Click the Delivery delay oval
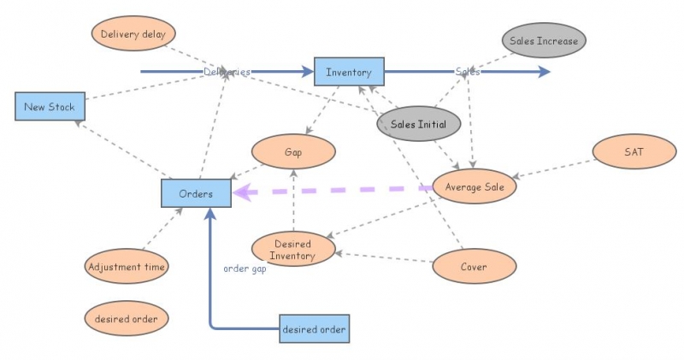point(133,35)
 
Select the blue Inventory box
point(349,72)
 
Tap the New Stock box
point(50,107)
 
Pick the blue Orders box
point(196,193)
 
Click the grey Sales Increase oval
point(543,40)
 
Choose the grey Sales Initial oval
point(419,124)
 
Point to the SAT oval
point(634,153)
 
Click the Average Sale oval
point(475,186)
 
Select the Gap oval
point(293,153)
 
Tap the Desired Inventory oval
point(294,250)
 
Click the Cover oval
point(474,267)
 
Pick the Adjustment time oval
point(127,267)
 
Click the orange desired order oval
point(127,319)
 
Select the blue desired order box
point(314,329)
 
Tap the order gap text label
point(245,269)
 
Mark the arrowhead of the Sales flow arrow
point(545,72)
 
